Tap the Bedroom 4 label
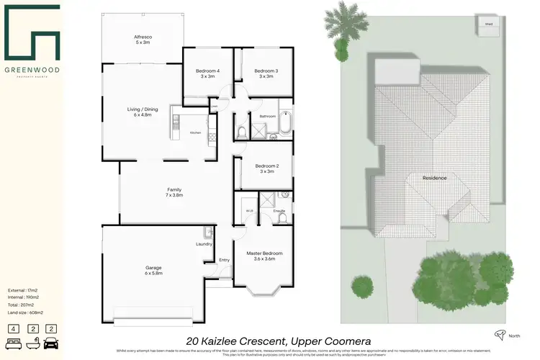207,71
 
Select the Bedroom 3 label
266,71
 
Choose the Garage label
153,268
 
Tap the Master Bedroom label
264,253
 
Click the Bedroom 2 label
266,166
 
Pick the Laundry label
204,243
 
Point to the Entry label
224,260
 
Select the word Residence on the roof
434,178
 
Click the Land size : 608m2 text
25,312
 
